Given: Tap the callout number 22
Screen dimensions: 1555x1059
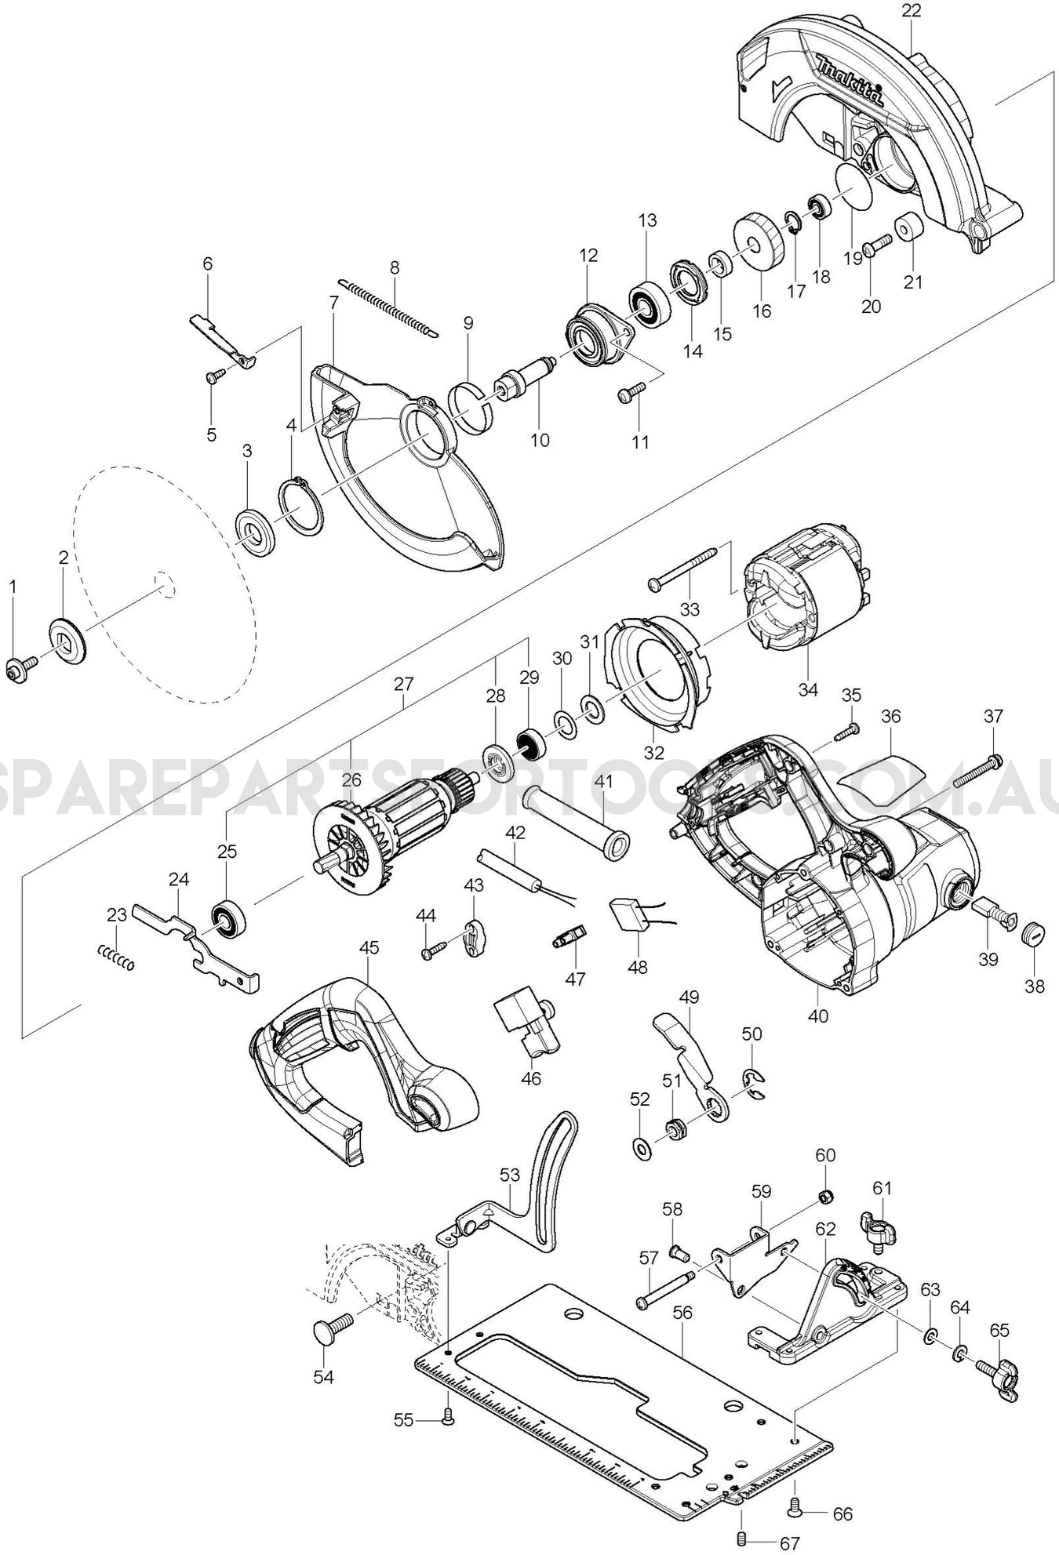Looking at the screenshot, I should (x=912, y=11).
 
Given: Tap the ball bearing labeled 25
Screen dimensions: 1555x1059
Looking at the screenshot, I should (x=229, y=917).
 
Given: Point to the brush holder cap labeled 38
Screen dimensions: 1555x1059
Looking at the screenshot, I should (x=1035, y=935).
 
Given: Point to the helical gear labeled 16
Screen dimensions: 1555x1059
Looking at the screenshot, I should (x=759, y=242).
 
